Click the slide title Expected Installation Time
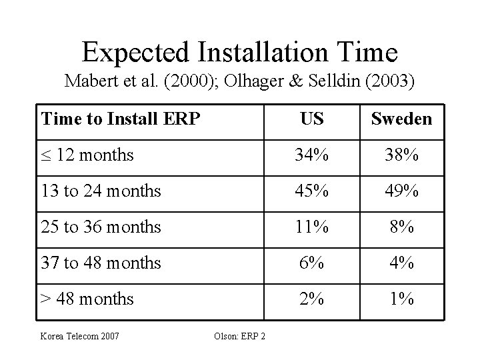click(240, 51)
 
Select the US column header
click(312, 119)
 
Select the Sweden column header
click(401, 119)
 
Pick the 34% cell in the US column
click(312, 156)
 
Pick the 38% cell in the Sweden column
click(401, 156)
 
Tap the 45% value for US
click(312, 191)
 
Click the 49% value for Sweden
click(401, 191)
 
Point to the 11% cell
click(312, 227)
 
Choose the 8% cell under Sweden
click(401, 227)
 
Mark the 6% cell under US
click(312, 263)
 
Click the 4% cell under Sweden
click(401, 263)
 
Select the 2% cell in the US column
click(312, 299)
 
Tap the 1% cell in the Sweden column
click(401, 299)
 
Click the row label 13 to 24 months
click(101, 191)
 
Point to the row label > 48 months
click(87, 299)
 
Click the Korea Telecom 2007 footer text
click(80, 335)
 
